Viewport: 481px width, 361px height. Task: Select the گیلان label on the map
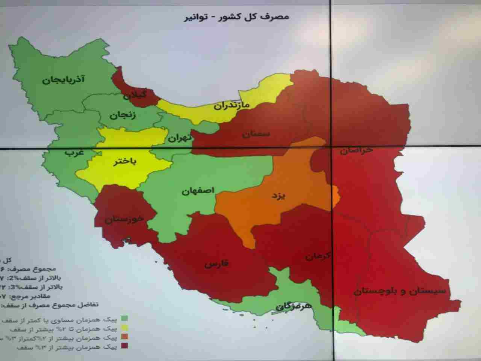[x=135, y=95]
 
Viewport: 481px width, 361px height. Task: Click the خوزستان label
[x=124, y=220]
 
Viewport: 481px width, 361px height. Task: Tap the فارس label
[x=217, y=264]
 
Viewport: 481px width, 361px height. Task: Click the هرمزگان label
[x=293, y=306]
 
